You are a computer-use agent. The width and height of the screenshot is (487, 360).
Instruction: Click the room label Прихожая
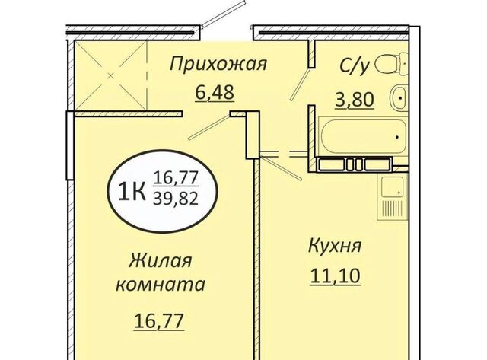coord(218,64)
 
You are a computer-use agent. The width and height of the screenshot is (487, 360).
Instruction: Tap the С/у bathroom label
coord(355,65)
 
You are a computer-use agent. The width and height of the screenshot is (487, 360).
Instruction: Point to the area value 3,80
coord(355,100)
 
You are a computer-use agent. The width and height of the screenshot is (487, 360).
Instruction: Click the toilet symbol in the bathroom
coord(391,64)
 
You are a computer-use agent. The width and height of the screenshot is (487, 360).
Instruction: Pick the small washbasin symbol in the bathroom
coord(397,97)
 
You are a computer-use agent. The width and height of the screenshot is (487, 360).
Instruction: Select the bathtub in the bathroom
coord(363,136)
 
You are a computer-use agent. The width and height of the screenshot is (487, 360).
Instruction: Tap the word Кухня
coord(335,247)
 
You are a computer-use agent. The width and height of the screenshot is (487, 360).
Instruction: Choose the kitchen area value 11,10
coord(335,276)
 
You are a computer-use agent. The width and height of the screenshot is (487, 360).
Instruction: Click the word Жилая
coord(160,260)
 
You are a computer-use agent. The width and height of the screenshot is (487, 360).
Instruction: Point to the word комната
coord(161,285)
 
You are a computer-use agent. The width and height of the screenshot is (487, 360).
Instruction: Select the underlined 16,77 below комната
coord(159,321)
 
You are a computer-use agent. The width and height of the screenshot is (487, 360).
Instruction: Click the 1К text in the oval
coord(132,193)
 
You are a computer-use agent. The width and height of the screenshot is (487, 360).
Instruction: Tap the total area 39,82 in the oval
coord(176,199)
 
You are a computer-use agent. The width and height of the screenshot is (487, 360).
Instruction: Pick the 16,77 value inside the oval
coord(176,178)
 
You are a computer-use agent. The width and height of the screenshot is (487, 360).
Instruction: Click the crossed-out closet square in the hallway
coord(110,75)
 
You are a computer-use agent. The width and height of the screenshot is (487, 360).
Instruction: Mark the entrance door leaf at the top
coord(223,14)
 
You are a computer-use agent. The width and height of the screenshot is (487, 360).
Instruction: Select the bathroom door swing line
coord(300,84)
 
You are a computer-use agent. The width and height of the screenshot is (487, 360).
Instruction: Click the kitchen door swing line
coord(281,167)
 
